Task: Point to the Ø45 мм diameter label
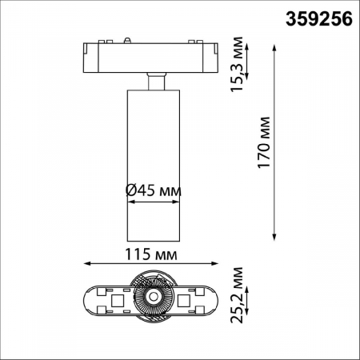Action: point(154,190)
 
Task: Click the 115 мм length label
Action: point(151,254)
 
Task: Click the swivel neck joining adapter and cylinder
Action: point(155,79)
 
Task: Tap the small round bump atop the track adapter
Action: point(129,38)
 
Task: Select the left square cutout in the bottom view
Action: point(117,301)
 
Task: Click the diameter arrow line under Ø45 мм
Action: point(154,203)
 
